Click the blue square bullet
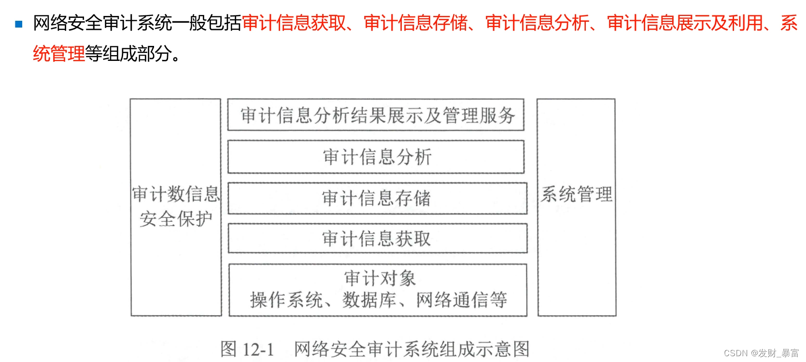(19, 24)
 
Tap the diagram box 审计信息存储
(377, 198)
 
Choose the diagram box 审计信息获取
(377, 239)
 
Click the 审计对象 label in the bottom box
(380, 278)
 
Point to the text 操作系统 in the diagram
(286, 300)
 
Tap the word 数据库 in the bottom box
(369, 300)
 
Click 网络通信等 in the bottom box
(461, 300)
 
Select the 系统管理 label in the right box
(577, 194)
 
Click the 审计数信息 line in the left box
(176, 194)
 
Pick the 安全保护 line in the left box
(176, 219)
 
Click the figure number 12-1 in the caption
(258, 349)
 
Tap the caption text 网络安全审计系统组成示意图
(411, 349)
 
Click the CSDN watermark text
(761, 353)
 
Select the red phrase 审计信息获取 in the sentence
(294, 23)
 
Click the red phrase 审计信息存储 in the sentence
(416, 23)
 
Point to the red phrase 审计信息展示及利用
(685, 23)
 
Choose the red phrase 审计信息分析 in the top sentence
(537, 23)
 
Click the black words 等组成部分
(128, 54)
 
